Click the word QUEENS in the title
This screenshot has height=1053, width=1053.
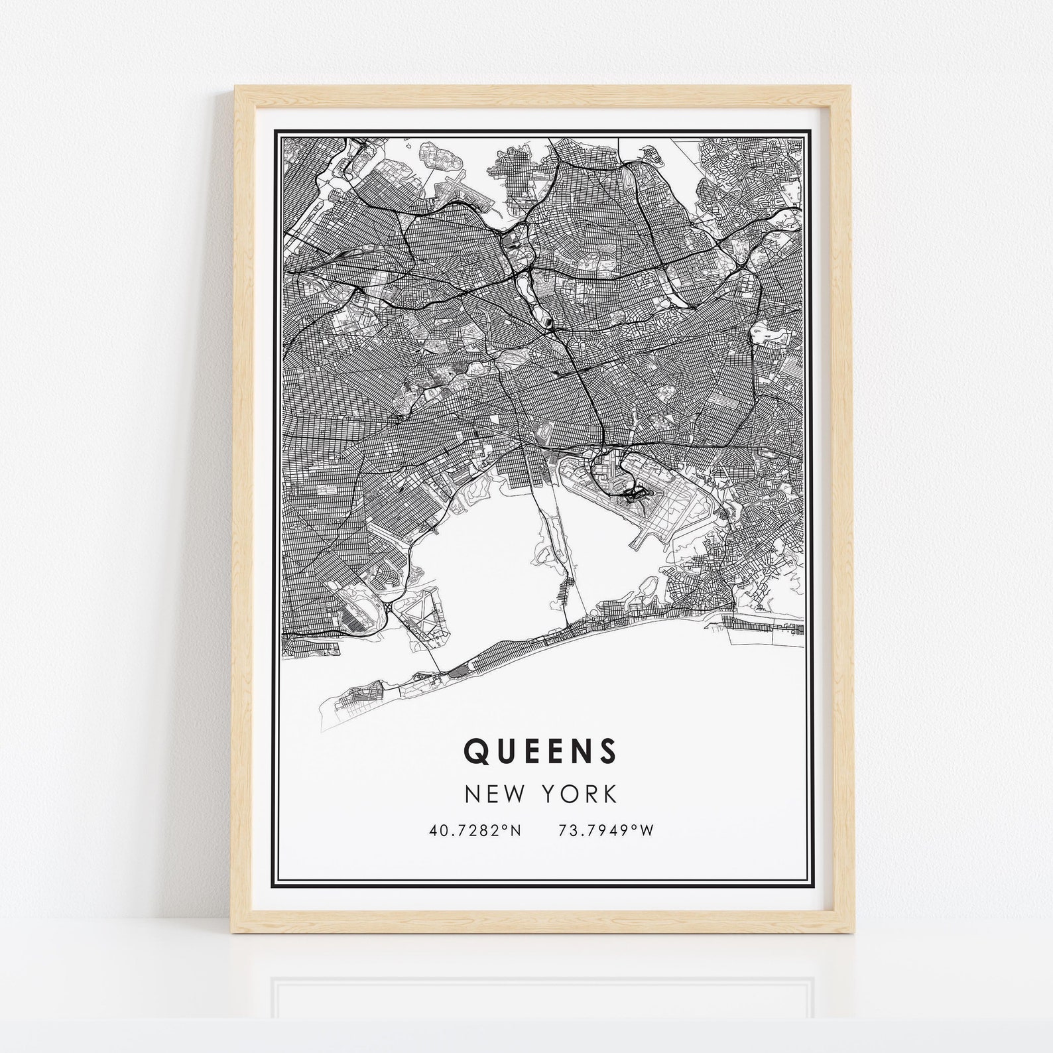[x=540, y=750]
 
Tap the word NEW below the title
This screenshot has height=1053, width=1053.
[x=491, y=794]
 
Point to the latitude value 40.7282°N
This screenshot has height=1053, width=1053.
[x=475, y=830]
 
